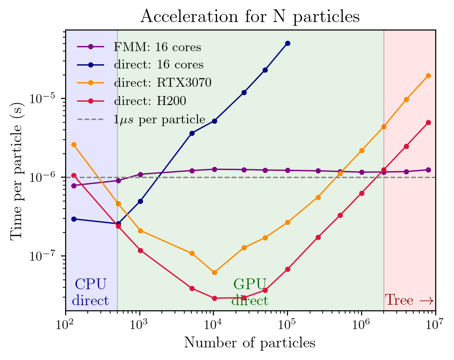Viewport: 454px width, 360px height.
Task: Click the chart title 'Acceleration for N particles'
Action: pyautogui.click(x=250, y=16)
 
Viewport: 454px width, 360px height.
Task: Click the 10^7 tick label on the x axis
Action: pyautogui.click(x=435, y=323)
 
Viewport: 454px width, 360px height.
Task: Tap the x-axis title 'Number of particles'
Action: pyautogui.click(x=250, y=343)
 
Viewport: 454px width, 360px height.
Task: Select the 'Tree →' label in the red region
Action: pyautogui.click(x=409, y=300)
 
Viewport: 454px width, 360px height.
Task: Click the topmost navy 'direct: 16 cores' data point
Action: pyautogui.click(x=288, y=43)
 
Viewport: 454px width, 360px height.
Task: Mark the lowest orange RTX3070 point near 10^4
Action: pyautogui.click(x=214, y=272)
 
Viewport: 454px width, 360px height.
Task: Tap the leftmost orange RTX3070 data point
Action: pyautogui.click(x=74, y=144)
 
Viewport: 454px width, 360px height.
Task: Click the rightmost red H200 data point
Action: pyautogui.click(x=428, y=122)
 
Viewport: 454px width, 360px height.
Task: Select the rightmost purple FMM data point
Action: pyautogui.click(x=428, y=170)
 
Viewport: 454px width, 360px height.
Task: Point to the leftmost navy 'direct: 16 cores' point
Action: pyautogui.click(x=74, y=219)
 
